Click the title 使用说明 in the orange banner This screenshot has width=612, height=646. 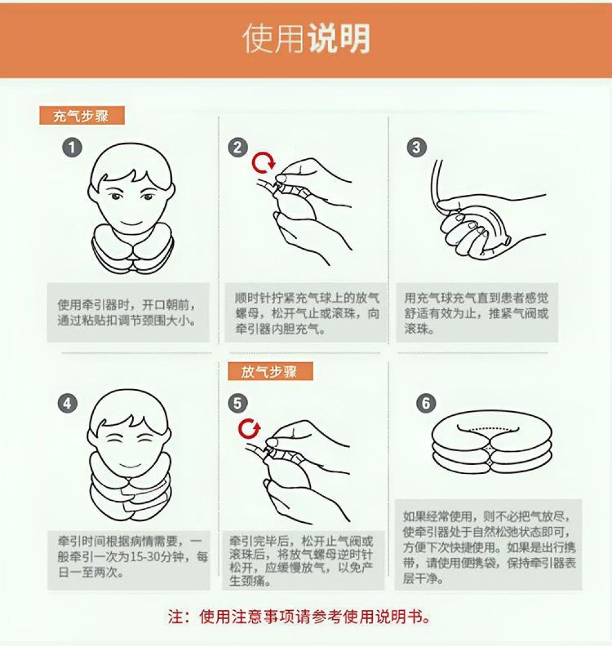click(x=306, y=38)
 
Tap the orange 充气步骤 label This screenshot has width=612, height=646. click(x=82, y=116)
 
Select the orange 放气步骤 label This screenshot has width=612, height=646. click(x=270, y=372)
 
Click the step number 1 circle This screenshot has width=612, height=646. click(x=72, y=148)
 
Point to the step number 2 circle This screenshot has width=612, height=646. click(x=238, y=148)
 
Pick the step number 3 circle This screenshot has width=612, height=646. click(x=416, y=148)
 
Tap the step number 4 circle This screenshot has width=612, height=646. click(x=68, y=403)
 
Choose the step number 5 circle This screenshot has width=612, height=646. click(x=238, y=403)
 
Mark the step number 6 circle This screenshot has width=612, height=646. click(x=426, y=403)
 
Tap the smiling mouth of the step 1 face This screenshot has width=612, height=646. click(x=132, y=224)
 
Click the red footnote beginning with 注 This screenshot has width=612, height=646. click(x=299, y=617)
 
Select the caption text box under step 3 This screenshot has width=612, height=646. click(x=477, y=313)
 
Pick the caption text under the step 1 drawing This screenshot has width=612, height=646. click(x=127, y=313)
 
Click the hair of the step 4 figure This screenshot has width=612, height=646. click(x=128, y=410)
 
